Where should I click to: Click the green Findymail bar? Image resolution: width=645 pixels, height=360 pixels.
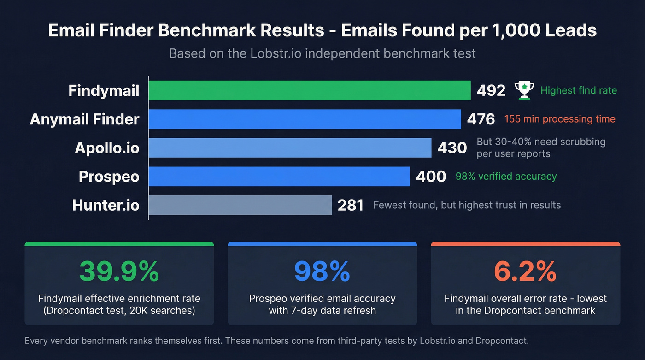click(310, 90)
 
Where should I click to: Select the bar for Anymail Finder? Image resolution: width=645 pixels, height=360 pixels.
click(305, 119)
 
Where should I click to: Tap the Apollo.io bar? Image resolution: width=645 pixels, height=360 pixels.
click(290, 148)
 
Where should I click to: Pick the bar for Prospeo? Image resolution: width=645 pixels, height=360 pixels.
click(279, 176)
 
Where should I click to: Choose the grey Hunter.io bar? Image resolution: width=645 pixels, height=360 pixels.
click(240, 205)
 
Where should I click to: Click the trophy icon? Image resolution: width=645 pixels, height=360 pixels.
click(524, 90)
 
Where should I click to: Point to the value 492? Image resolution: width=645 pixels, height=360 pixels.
click(491, 91)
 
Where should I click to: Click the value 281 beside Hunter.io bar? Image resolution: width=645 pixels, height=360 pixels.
click(351, 205)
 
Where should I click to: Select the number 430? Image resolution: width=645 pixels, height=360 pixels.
click(452, 148)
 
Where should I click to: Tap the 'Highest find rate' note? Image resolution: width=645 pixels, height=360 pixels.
click(578, 90)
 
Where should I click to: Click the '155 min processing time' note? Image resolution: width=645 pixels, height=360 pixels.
click(560, 119)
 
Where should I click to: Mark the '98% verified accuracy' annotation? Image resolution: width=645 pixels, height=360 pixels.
click(506, 176)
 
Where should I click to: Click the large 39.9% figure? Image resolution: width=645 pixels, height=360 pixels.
click(119, 271)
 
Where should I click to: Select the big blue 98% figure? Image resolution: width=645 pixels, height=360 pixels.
click(322, 271)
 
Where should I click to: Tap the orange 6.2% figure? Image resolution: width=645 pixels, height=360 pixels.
click(525, 271)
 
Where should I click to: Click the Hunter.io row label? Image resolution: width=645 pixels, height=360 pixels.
click(106, 205)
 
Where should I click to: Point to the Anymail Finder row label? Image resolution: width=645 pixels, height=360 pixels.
click(84, 119)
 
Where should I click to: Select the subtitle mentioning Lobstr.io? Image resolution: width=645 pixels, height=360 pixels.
click(322, 53)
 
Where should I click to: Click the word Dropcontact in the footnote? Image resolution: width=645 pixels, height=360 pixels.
click(502, 341)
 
